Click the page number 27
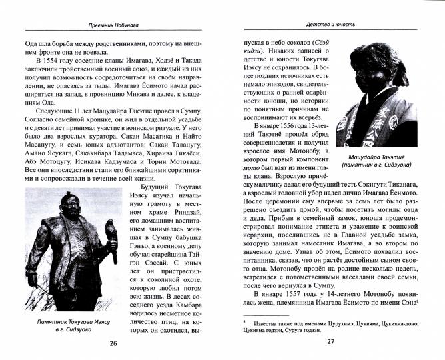[330, 343]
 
